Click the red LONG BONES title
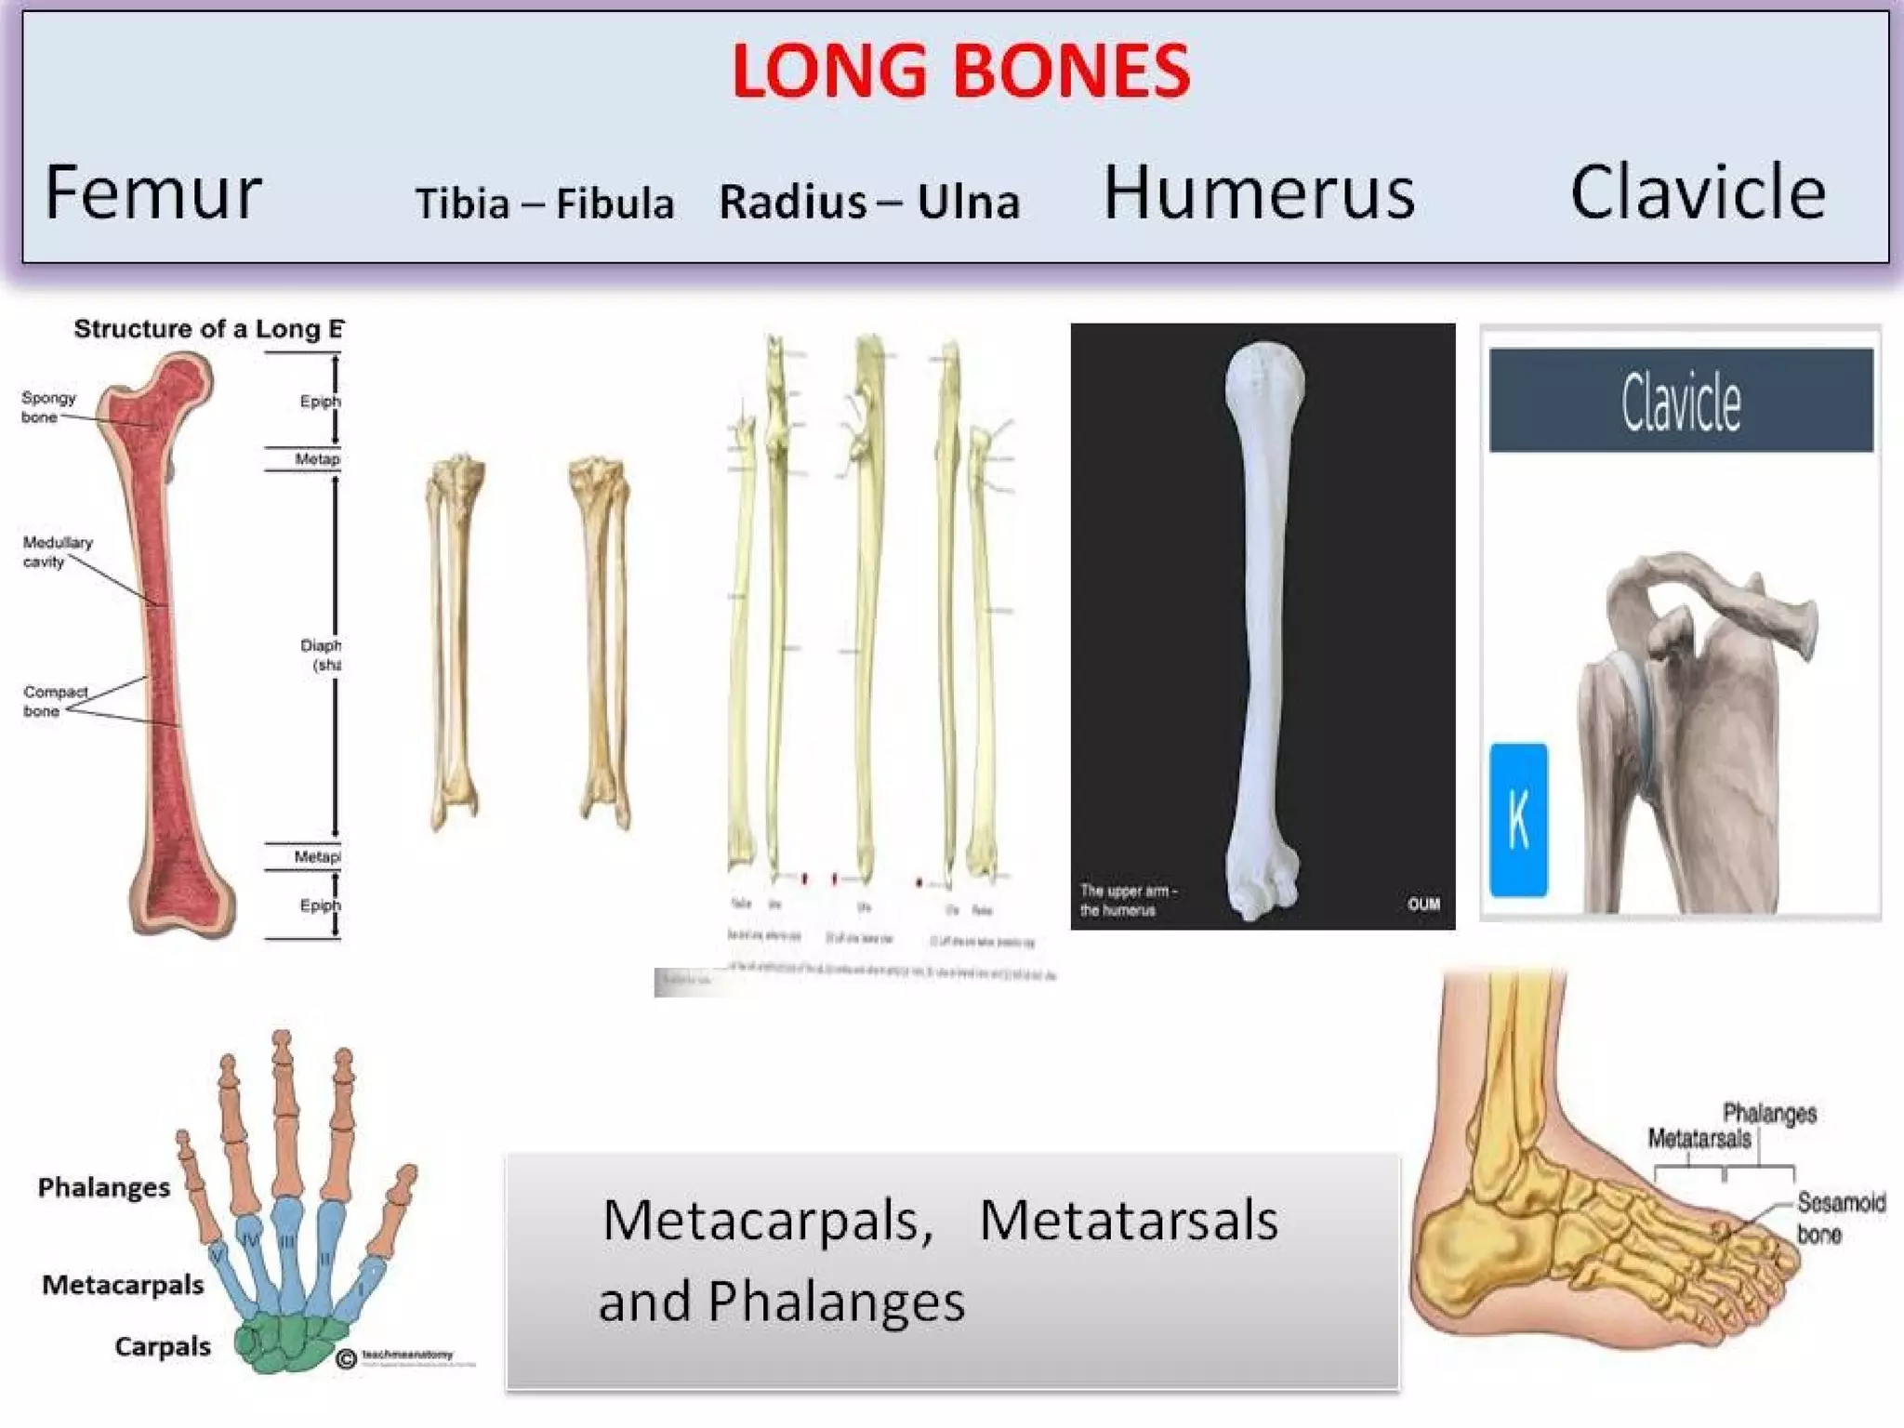click(960, 72)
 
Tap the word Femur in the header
click(153, 192)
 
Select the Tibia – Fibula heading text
click(545, 204)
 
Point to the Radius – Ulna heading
click(869, 202)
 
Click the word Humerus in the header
click(1259, 192)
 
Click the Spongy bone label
click(47, 407)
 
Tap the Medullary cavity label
click(57, 551)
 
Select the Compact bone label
click(54, 701)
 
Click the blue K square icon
click(1518, 819)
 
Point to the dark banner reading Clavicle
click(1681, 401)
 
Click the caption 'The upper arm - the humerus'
click(1128, 900)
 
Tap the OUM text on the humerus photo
click(1422, 904)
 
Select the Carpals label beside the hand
click(163, 1346)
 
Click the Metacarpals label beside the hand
click(123, 1285)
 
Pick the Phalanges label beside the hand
click(104, 1187)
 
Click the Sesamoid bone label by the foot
click(1840, 1218)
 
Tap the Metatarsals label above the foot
click(1699, 1138)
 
